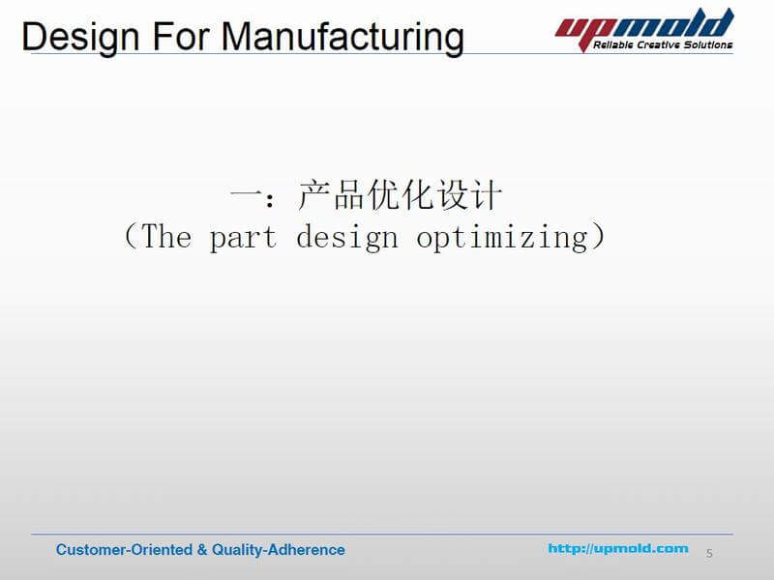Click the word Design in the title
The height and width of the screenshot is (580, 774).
[77, 38]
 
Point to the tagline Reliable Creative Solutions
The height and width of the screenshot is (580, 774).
[662, 44]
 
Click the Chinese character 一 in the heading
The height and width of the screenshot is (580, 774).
[244, 197]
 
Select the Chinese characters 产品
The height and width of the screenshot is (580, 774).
[331, 196]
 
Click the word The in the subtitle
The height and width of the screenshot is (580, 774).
[166, 236]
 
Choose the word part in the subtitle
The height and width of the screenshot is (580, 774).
[243, 238]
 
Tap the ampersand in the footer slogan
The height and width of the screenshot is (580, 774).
[202, 550]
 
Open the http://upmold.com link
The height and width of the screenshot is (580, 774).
[618, 549]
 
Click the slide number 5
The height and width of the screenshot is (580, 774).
[709, 553]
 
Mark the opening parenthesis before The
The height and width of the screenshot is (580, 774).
[132, 237]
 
